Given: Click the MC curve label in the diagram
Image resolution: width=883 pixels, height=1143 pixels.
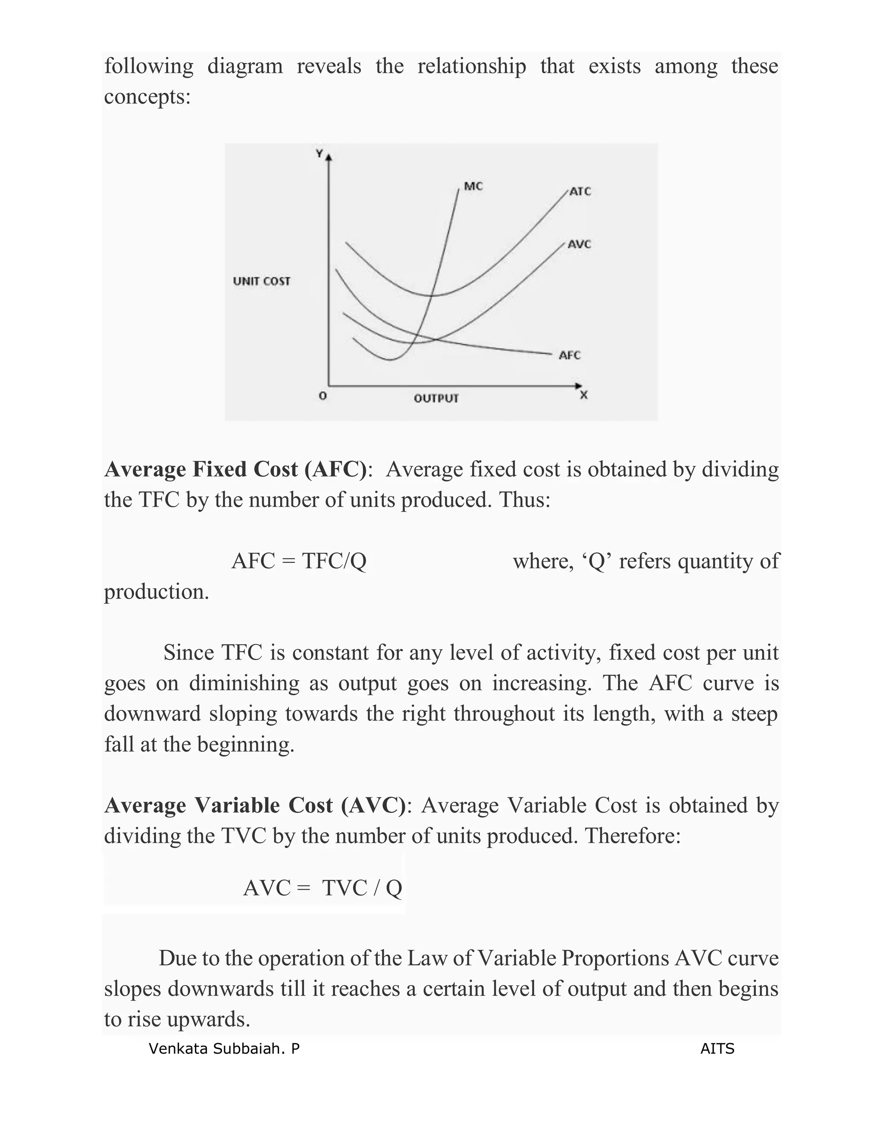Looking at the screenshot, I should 473,186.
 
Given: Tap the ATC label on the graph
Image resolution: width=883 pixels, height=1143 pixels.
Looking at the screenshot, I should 580,192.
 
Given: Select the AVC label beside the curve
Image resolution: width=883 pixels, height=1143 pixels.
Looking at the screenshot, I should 579,245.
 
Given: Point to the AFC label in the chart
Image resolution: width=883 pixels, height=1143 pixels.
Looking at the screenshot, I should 570,355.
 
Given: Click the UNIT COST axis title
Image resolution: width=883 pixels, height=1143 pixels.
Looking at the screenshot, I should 262,281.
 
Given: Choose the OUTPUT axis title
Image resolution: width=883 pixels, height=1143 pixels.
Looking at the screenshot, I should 436,398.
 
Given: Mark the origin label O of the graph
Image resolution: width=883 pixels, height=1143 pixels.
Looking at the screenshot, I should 323,396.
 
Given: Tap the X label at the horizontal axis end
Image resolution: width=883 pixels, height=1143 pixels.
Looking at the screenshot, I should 584,396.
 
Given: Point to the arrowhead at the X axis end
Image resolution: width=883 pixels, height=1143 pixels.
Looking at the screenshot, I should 578,386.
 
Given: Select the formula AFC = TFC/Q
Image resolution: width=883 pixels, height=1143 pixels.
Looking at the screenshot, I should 299,561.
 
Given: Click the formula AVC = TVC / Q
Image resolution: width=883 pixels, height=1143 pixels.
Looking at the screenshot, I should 322,888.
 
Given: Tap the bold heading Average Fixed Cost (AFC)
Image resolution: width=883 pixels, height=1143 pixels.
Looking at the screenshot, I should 235,469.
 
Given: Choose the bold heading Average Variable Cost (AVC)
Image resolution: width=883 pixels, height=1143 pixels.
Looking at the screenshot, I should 255,805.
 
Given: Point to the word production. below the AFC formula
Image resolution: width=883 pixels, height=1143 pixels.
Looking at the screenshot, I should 157,592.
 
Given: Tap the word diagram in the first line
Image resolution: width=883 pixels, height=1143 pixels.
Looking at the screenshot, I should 245,66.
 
